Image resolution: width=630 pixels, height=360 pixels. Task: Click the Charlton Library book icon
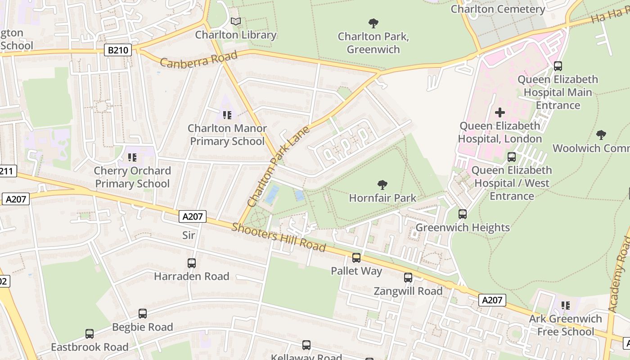[236, 21]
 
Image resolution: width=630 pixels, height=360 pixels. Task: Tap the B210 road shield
[118, 50]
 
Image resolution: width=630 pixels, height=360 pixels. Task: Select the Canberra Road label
[198, 60]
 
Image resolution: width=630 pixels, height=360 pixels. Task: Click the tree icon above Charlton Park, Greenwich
[373, 23]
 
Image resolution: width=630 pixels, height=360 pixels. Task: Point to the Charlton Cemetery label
[498, 9]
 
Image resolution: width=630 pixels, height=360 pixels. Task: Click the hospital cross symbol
[500, 112]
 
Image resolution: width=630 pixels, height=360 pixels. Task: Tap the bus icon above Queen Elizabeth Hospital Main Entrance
[558, 66]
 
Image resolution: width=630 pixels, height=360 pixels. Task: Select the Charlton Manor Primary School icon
[227, 115]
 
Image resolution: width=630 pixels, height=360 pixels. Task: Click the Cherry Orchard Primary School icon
[132, 157]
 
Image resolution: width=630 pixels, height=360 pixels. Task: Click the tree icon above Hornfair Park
[382, 184]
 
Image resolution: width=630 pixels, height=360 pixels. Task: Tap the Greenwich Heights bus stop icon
[463, 214]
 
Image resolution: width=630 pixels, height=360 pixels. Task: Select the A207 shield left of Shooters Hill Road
[193, 216]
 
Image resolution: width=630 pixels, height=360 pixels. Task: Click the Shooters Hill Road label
[279, 237]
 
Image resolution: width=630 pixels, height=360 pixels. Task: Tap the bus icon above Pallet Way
[356, 258]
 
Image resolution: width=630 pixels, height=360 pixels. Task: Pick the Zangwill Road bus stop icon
[408, 278]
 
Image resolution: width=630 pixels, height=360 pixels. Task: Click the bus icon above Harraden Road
[192, 263]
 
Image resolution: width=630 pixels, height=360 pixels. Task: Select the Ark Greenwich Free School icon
[566, 306]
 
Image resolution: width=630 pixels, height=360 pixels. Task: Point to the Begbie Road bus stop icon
[143, 314]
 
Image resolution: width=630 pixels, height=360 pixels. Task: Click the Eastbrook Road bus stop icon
[90, 334]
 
